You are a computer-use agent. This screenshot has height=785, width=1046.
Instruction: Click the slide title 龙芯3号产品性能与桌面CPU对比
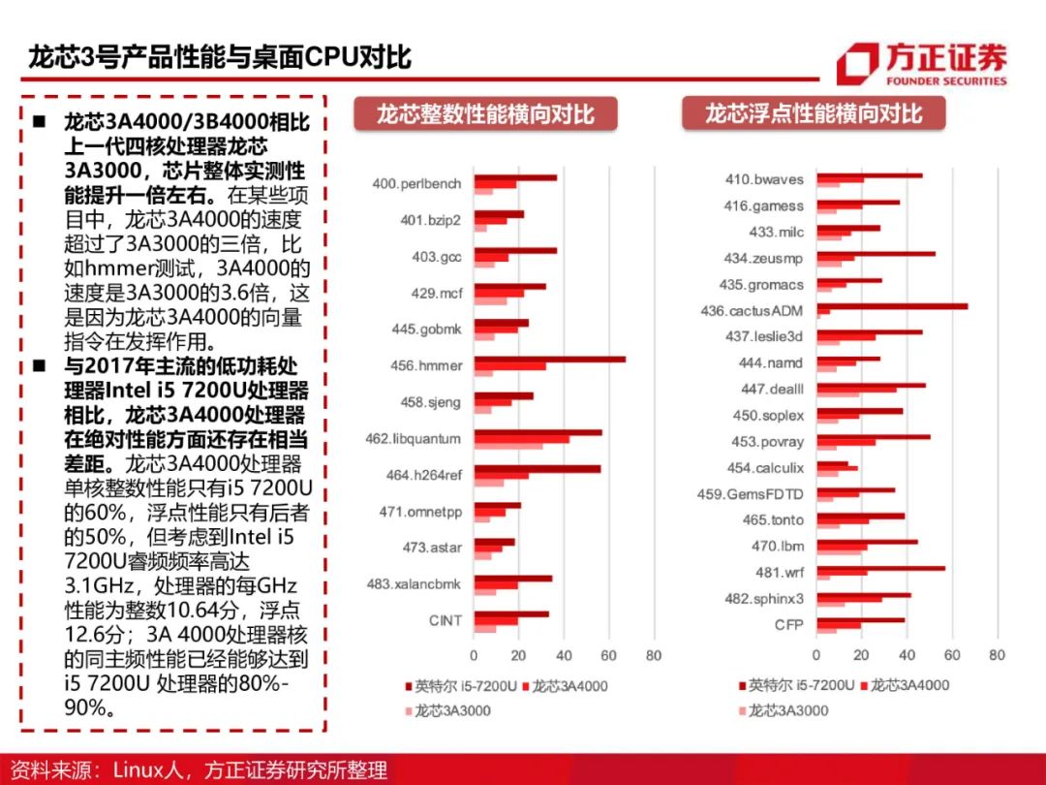click(220, 57)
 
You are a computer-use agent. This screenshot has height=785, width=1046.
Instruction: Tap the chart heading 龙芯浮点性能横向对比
click(814, 113)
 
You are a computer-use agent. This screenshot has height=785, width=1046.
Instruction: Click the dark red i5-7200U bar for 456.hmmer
click(549, 360)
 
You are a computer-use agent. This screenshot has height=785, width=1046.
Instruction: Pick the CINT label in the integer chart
click(446, 620)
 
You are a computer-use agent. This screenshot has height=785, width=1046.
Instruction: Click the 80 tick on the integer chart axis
click(654, 655)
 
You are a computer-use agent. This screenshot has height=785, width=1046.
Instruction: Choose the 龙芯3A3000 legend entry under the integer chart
click(451, 710)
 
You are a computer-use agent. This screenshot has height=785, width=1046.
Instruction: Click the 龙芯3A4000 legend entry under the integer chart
click(569, 686)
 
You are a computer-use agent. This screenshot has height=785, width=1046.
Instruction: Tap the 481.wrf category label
click(780, 573)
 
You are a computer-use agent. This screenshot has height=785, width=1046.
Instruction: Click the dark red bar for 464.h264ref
click(537, 469)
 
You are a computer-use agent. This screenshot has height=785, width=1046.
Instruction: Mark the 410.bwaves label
click(764, 179)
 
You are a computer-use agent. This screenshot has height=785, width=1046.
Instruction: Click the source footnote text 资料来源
click(54, 770)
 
